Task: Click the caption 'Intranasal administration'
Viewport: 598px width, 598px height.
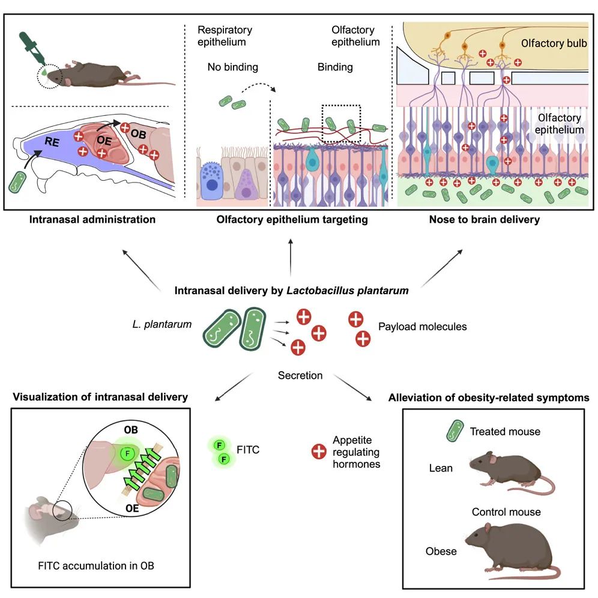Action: click(92, 220)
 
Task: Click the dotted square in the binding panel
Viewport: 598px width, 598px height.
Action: click(340, 123)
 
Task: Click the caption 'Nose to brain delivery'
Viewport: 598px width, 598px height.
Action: click(484, 220)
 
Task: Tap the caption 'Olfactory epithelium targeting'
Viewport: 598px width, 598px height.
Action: click(292, 220)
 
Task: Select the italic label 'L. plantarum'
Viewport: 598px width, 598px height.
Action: click(161, 325)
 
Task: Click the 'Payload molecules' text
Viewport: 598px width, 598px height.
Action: click(423, 327)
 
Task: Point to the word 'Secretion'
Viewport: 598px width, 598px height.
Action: click(300, 376)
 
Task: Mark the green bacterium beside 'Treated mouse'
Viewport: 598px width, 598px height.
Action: click(455, 431)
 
